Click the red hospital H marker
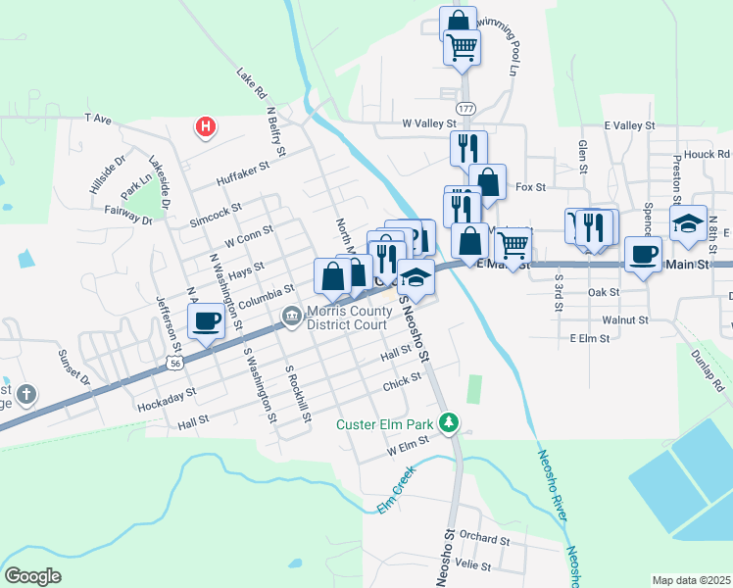point(205,126)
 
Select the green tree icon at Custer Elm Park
point(450,424)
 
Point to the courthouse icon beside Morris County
point(292,316)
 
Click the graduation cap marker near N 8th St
point(689,223)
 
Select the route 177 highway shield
point(466,107)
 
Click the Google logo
point(32,576)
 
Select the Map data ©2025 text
point(691,580)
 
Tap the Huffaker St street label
point(243,174)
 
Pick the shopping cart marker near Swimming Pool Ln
point(462,45)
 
